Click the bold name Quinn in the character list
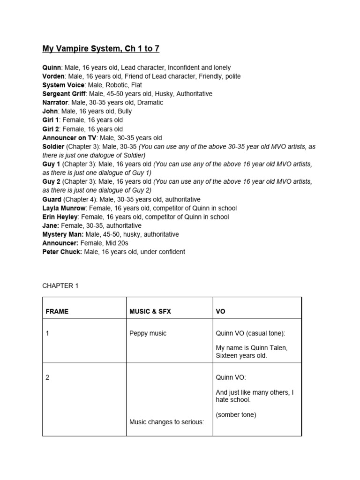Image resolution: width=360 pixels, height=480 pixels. click(52, 67)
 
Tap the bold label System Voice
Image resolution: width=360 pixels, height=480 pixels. click(64, 85)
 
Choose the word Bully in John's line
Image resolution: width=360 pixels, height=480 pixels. click(123, 111)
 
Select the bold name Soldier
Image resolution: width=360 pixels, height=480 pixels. click(53, 146)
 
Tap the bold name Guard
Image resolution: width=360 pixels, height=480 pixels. click(52, 199)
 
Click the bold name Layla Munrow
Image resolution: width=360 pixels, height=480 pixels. click(65, 208)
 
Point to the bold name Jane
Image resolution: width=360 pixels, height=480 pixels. click(50, 225)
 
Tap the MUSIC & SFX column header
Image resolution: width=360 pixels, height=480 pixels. click(150, 312)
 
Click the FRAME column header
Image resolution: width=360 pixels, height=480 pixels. click(57, 312)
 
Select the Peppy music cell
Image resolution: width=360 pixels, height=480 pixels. click(148, 334)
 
